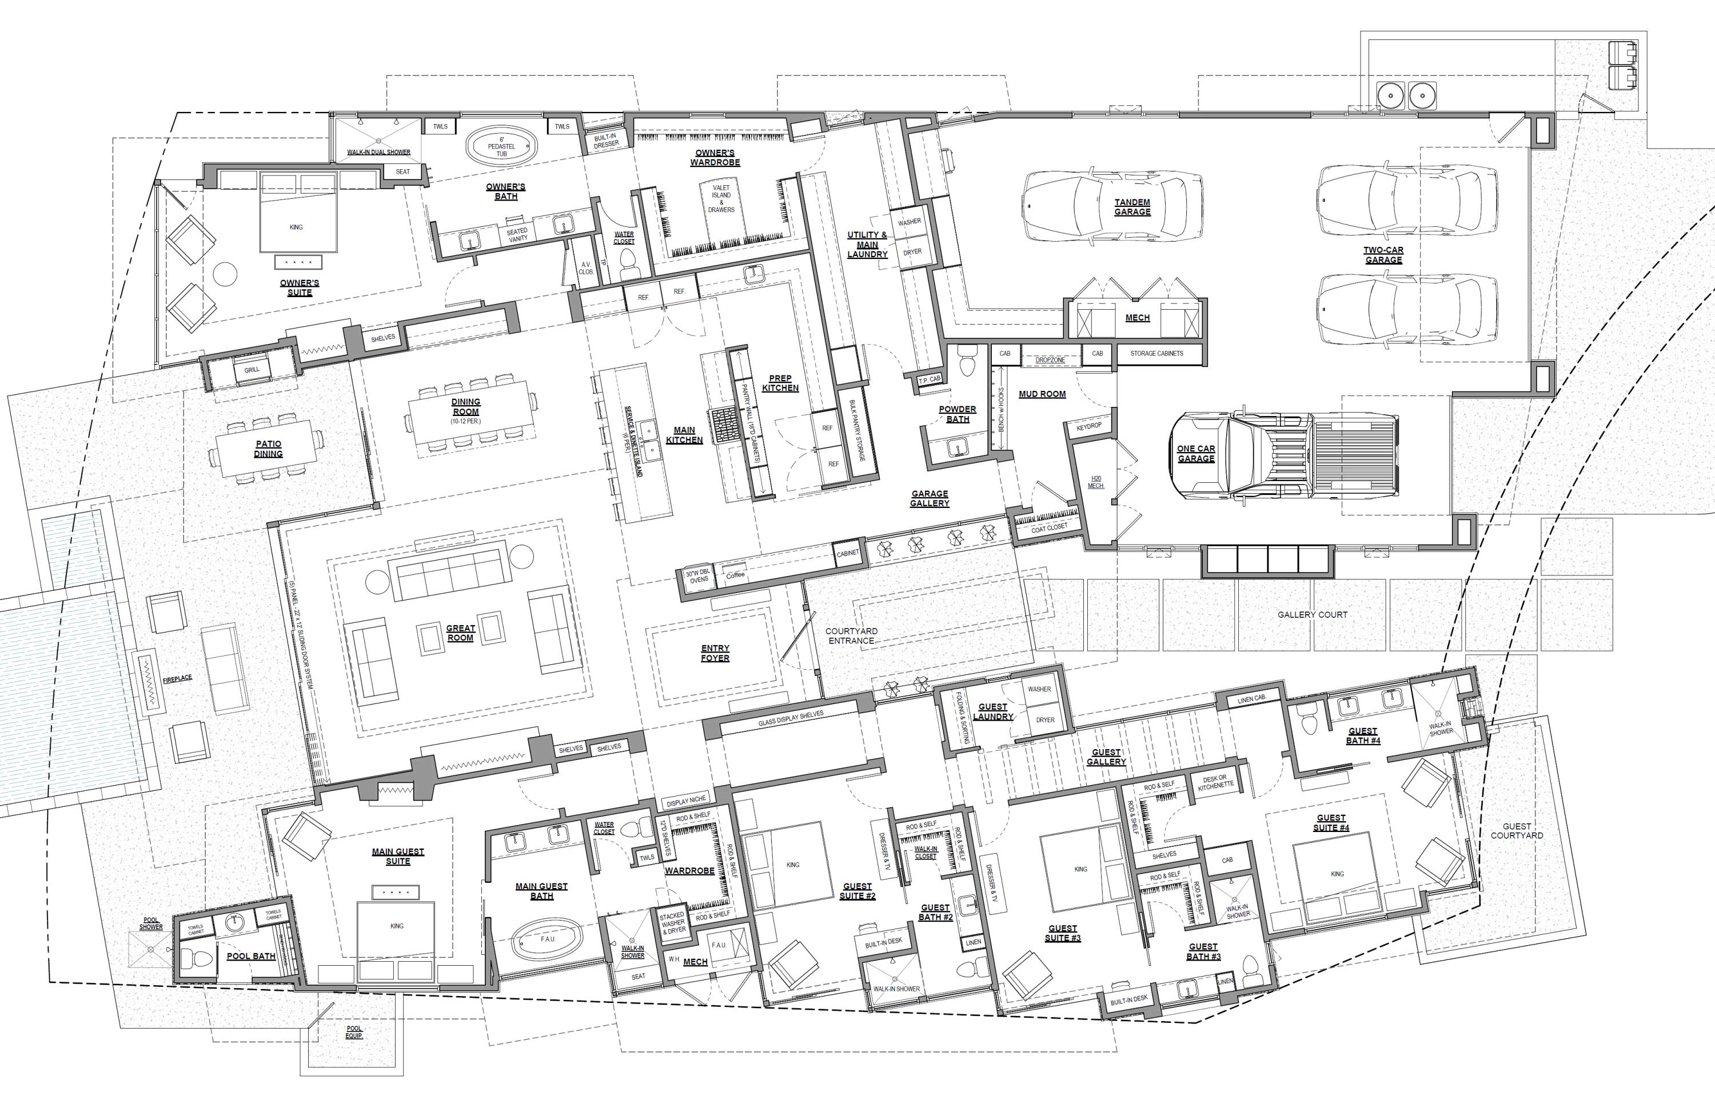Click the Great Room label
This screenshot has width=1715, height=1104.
point(460,633)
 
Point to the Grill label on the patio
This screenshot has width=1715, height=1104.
point(252,370)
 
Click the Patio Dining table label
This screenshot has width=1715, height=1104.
point(268,449)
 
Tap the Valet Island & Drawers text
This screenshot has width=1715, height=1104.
point(721,199)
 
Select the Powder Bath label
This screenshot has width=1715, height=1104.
point(957,414)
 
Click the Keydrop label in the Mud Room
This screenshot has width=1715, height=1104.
point(1088,426)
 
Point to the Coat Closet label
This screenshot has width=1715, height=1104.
point(1049,527)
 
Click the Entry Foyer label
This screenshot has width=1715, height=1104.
point(715,653)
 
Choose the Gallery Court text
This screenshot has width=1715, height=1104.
point(1312,614)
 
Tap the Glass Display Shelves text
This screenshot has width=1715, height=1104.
point(791,719)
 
